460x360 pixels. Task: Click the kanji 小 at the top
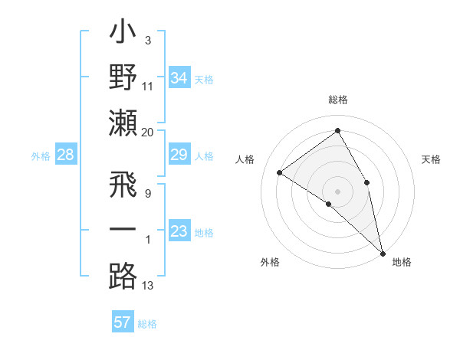(x=123, y=34)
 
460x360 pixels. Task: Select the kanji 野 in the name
(x=123, y=78)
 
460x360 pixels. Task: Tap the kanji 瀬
(x=123, y=123)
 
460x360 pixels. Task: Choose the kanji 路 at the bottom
(x=123, y=275)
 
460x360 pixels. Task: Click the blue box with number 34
(x=179, y=77)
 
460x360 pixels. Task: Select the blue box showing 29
(x=179, y=155)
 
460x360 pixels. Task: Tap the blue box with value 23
(x=179, y=231)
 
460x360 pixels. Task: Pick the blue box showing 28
(x=66, y=155)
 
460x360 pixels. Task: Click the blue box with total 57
(x=122, y=322)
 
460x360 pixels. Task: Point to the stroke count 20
(x=148, y=132)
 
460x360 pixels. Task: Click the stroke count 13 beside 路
(x=148, y=286)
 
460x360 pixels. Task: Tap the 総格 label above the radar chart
(x=337, y=100)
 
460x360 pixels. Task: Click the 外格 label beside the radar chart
(x=270, y=262)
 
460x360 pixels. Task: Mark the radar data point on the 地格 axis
(x=382, y=253)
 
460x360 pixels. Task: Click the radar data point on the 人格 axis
(x=280, y=172)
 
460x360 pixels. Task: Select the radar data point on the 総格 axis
(x=337, y=131)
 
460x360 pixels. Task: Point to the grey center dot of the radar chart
(x=337, y=190)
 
